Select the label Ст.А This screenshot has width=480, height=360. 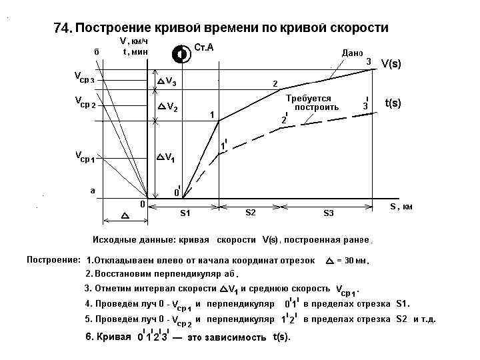[x=203, y=49]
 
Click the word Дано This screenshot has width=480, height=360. [x=351, y=52]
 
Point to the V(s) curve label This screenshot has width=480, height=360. [x=393, y=64]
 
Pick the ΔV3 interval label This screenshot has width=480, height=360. [x=167, y=82]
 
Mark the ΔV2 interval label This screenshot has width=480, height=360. [x=167, y=106]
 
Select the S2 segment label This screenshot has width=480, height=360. [x=251, y=213]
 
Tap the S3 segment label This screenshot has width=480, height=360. [x=329, y=213]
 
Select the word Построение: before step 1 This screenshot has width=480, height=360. [x=53, y=259]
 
